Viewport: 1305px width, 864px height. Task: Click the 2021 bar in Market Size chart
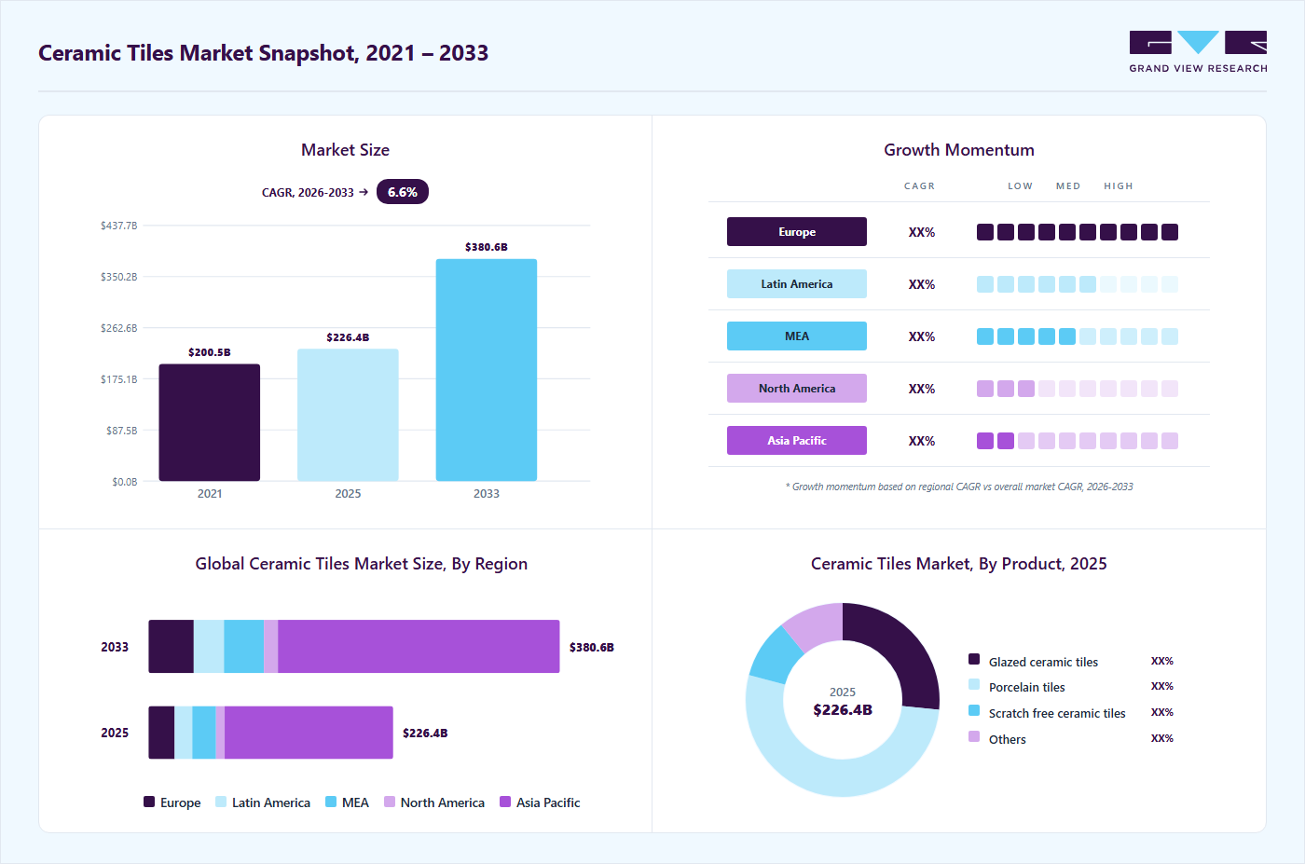(209, 422)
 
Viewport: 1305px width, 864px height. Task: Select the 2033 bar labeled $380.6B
(487, 370)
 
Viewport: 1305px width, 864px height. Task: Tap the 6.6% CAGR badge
(403, 192)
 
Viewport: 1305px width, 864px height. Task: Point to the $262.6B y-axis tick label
(119, 328)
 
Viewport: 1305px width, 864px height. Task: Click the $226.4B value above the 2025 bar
(348, 337)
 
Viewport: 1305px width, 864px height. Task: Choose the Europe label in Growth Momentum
(796, 232)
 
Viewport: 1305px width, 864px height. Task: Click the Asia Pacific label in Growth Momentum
(796, 441)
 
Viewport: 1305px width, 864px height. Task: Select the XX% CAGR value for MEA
(922, 336)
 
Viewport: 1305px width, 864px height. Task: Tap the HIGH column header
(1119, 185)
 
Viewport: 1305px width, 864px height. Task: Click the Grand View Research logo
(1198, 52)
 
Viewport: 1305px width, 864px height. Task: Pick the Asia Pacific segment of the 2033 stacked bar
(419, 647)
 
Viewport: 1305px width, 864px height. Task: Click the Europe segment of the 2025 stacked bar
(161, 733)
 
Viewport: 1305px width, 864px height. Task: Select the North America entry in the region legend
(434, 802)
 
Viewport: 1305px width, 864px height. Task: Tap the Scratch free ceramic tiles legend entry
(1047, 712)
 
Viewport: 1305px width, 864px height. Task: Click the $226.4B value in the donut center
(843, 709)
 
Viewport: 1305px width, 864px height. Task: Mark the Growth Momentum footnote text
(959, 487)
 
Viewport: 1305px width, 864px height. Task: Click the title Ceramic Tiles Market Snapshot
(263, 53)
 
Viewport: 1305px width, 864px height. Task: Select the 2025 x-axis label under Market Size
(348, 493)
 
